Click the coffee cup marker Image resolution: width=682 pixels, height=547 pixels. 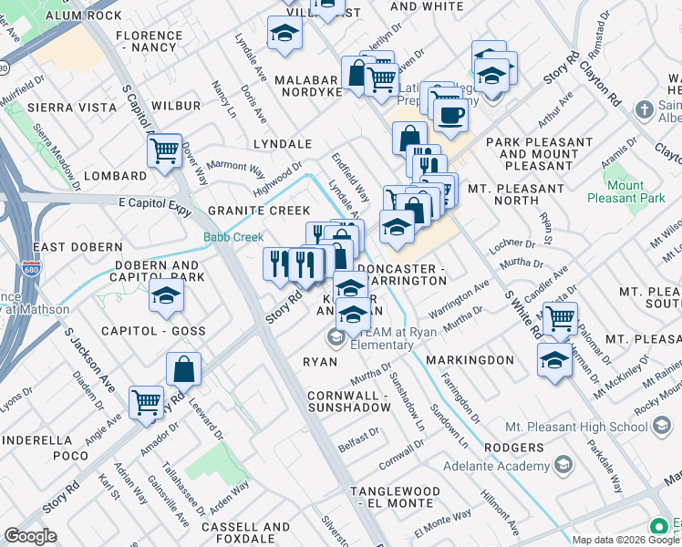tap(449, 115)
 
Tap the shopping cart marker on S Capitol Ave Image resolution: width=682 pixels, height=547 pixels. tap(164, 149)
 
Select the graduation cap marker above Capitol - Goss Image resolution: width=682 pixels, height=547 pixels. tap(167, 295)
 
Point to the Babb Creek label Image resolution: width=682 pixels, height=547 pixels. tap(232, 237)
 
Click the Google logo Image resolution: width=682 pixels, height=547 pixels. tap(30, 536)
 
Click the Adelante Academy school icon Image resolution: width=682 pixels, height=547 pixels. tap(563, 466)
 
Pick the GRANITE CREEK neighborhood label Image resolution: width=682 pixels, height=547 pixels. tap(253, 211)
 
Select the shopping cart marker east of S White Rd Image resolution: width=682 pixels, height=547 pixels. tap(560, 318)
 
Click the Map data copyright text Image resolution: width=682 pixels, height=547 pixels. tap(625, 540)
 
